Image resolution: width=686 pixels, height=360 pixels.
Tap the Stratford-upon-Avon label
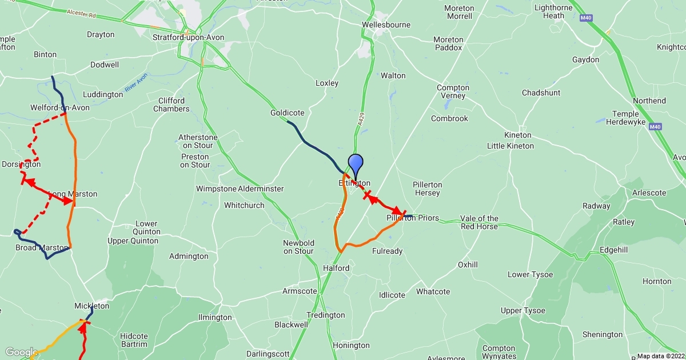[x=189, y=38]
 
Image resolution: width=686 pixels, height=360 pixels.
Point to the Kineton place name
[x=517, y=135]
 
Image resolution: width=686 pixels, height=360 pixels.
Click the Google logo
[x=21, y=352]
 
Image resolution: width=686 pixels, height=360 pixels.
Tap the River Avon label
[x=135, y=81]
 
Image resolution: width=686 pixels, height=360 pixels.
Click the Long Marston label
[x=73, y=194]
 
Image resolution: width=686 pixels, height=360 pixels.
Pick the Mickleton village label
[x=91, y=306]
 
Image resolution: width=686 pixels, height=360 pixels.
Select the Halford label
[x=336, y=268]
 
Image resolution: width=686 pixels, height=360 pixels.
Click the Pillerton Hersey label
[x=426, y=189]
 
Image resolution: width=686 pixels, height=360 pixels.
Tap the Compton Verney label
[x=453, y=91]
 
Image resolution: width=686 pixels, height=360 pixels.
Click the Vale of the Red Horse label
[x=480, y=222]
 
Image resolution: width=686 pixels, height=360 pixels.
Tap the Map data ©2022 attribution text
[x=661, y=356]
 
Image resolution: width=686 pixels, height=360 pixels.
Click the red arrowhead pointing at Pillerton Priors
[x=396, y=211]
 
